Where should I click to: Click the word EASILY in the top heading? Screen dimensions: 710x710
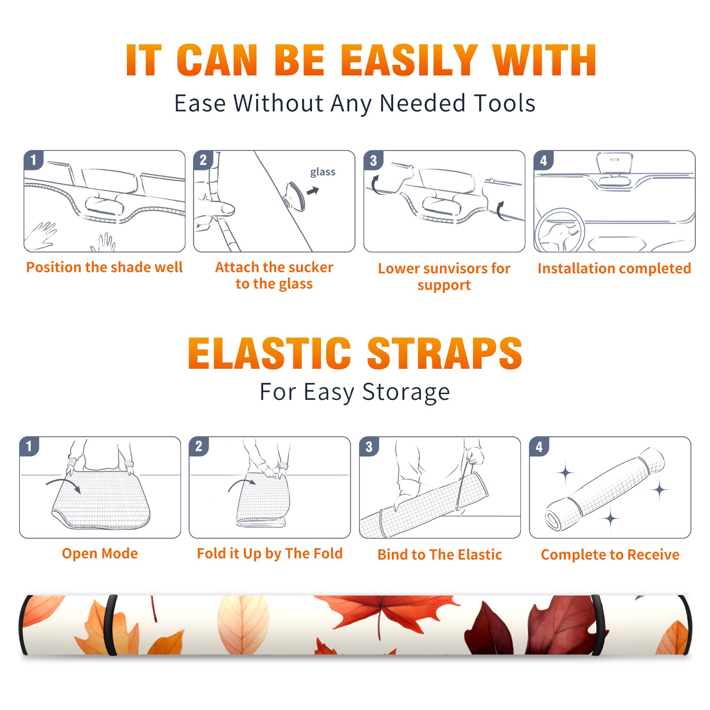pyautogui.click(x=409, y=60)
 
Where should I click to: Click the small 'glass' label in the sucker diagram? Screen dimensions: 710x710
pyautogui.click(x=323, y=172)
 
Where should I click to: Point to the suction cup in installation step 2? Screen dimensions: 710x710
pyautogui.click(x=294, y=196)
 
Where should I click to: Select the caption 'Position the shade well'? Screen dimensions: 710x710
pyautogui.click(x=104, y=267)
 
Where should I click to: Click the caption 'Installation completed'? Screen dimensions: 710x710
pyautogui.click(x=614, y=268)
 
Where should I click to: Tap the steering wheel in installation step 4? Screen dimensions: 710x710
pyautogui.click(x=560, y=230)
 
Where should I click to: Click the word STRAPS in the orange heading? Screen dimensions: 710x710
pyautogui.click(x=445, y=353)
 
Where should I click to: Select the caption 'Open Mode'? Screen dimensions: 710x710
pyautogui.click(x=100, y=553)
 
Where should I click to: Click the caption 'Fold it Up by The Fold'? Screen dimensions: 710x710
pyautogui.click(x=270, y=553)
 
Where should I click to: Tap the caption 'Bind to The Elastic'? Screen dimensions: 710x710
pyautogui.click(x=440, y=555)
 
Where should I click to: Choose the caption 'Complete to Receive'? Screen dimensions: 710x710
pyautogui.click(x=610, y=555)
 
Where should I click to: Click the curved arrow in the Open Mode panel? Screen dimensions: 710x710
pyautogui.click(x=63, y=481)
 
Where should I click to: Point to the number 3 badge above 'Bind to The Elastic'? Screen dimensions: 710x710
pyautogui.click(x=369, y=446)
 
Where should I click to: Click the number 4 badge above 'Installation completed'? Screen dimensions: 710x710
pyautogui.click(x=544, y=160)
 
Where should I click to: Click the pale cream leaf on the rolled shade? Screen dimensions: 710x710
pyautogui.click(x=243, y=623)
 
